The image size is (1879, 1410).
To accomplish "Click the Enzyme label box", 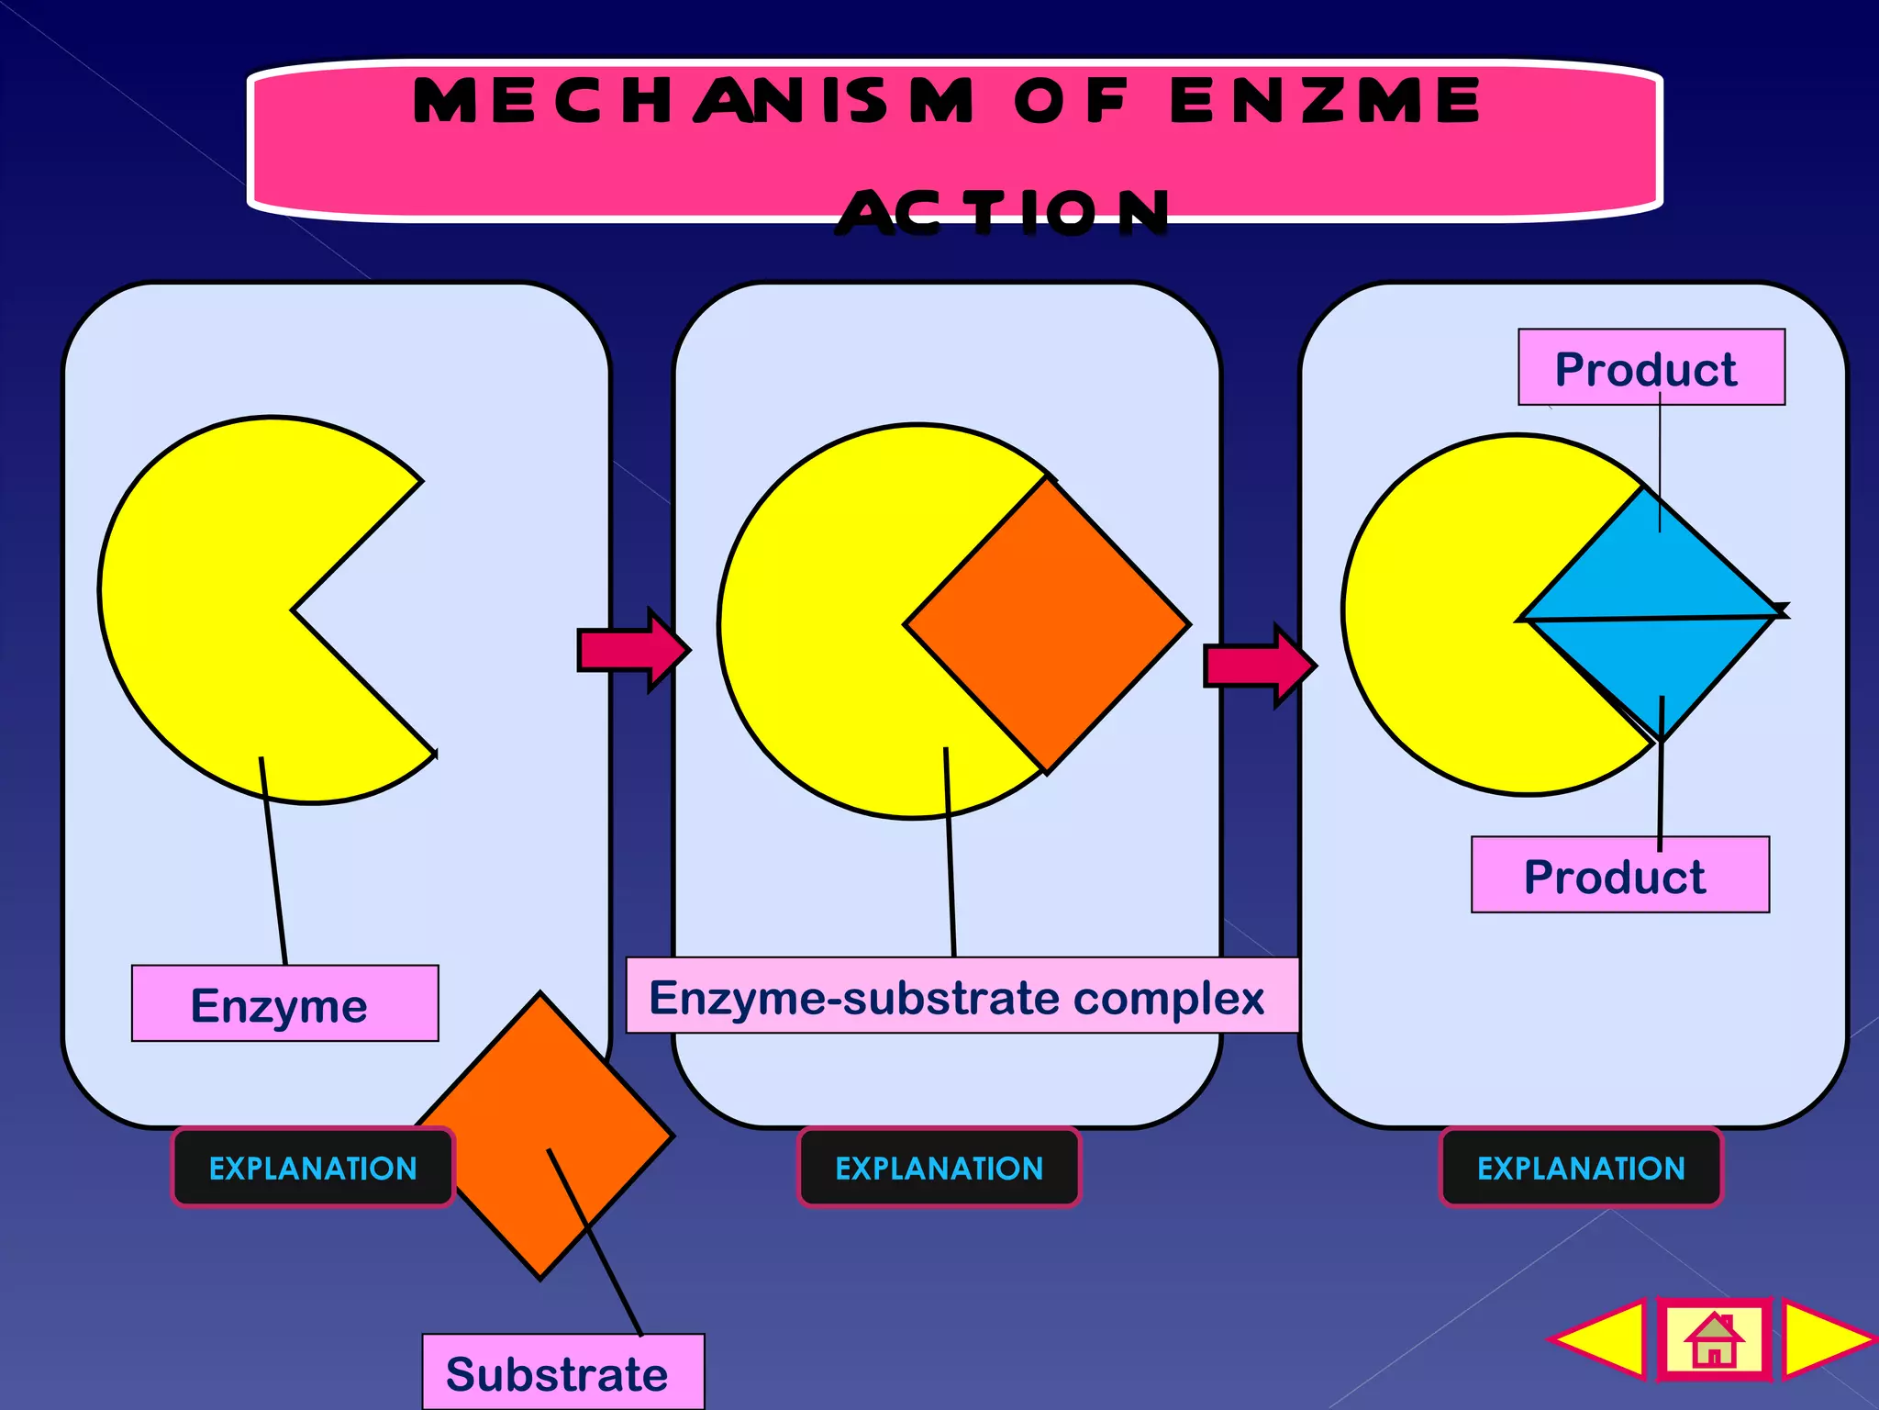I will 284,1003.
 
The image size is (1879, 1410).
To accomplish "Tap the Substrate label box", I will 562,1372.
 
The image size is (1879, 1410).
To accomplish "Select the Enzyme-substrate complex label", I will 961,996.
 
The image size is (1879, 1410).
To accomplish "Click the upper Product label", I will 1651,367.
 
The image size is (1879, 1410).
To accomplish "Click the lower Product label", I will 1619,875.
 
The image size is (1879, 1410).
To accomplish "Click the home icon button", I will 1713,1340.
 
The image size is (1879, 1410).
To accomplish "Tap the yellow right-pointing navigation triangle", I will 1821,1340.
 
